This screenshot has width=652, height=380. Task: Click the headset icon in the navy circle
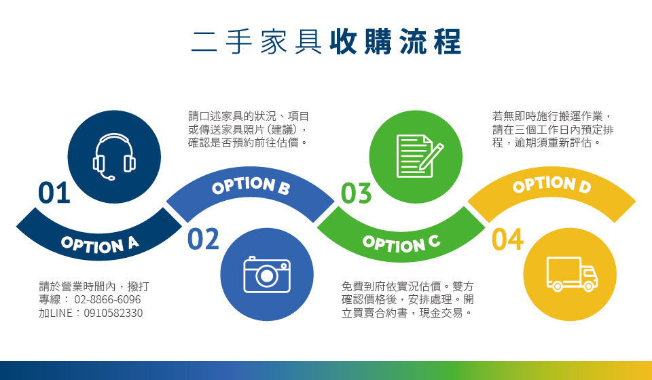click(114, 157)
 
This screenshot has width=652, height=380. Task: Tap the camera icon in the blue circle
click(267, 275)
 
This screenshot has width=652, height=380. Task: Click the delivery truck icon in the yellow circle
click(572, 274)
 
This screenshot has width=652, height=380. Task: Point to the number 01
click(54, 193)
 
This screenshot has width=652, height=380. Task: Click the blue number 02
click(203, 239)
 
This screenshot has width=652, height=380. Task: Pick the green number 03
click(357, 193)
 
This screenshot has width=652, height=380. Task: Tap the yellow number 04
click(508, 240)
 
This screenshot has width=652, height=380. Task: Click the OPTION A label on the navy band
click(100, 244)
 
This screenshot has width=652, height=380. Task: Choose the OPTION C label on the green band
click(401, 244)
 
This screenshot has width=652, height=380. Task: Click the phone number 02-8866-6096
click(108, 299)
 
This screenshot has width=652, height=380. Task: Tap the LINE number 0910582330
click(113, 313)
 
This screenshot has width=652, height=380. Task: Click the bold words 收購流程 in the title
click(395, 42)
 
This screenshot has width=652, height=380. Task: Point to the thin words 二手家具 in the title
click(257, 42)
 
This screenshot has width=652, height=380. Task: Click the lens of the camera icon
click(266, 275)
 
